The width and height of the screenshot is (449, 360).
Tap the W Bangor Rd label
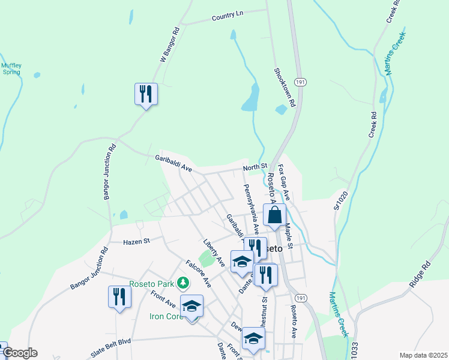coord(170,44)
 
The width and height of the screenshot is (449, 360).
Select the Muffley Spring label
coord(10,68)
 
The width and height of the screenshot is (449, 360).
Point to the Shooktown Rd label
coord(285,87)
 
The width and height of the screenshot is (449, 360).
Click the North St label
coord(255,166)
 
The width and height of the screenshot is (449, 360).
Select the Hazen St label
coord(136,241)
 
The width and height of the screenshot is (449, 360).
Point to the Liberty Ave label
coord(213,253)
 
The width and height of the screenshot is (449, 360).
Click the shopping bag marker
coord(274,215)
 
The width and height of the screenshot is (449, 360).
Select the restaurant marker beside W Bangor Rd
coord(146,94)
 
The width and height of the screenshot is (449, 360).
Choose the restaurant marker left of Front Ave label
coord(119,297)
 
